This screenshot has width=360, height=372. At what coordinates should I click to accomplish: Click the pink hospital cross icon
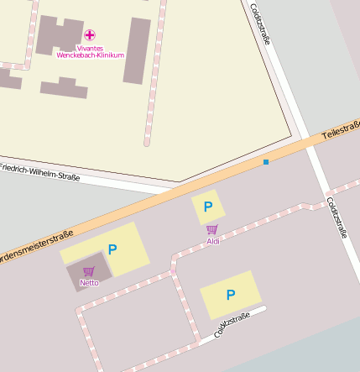tap(90, 35)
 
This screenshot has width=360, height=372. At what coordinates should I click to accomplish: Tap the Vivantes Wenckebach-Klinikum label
tap(90, 51)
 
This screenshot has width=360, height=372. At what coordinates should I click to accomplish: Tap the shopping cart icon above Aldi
tap(211, 229)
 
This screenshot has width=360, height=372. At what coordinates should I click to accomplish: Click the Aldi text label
tap(212, 242)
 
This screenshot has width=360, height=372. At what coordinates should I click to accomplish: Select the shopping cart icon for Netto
tap(89, 270)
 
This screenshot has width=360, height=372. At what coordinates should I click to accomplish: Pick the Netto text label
tap(89, 283)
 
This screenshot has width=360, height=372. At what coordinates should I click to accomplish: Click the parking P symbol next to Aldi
tap(208, 206)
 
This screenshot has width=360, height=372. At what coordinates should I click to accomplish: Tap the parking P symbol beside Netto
tap(112, 249)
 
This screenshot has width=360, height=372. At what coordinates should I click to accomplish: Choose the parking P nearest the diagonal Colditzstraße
tap(230, 295)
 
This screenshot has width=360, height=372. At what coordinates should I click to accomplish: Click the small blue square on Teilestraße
tap(266, 161)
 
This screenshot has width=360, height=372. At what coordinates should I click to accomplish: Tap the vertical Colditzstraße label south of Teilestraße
tap(337, 217)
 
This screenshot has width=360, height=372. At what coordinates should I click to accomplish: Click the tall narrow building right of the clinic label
tap(137, 50)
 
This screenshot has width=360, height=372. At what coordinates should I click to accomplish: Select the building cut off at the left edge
tap(8, 80)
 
